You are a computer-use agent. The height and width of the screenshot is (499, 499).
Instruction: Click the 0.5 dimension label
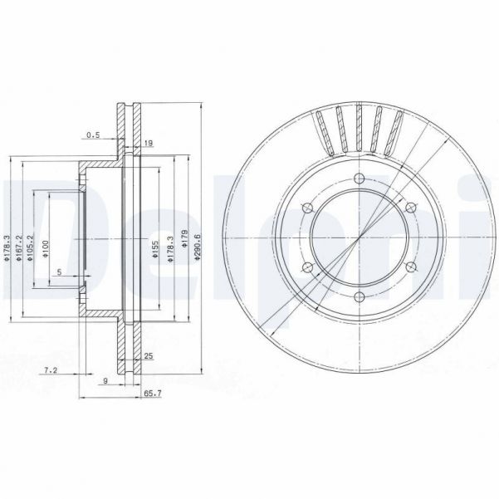[93, 135]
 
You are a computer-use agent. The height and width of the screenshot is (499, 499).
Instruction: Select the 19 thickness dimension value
[148, 144]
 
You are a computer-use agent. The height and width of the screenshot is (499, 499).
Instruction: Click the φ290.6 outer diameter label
[198, 247]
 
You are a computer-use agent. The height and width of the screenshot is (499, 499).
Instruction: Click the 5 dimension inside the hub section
[59, 272]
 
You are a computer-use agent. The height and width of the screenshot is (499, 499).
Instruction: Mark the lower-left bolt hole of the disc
[306, 267]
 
